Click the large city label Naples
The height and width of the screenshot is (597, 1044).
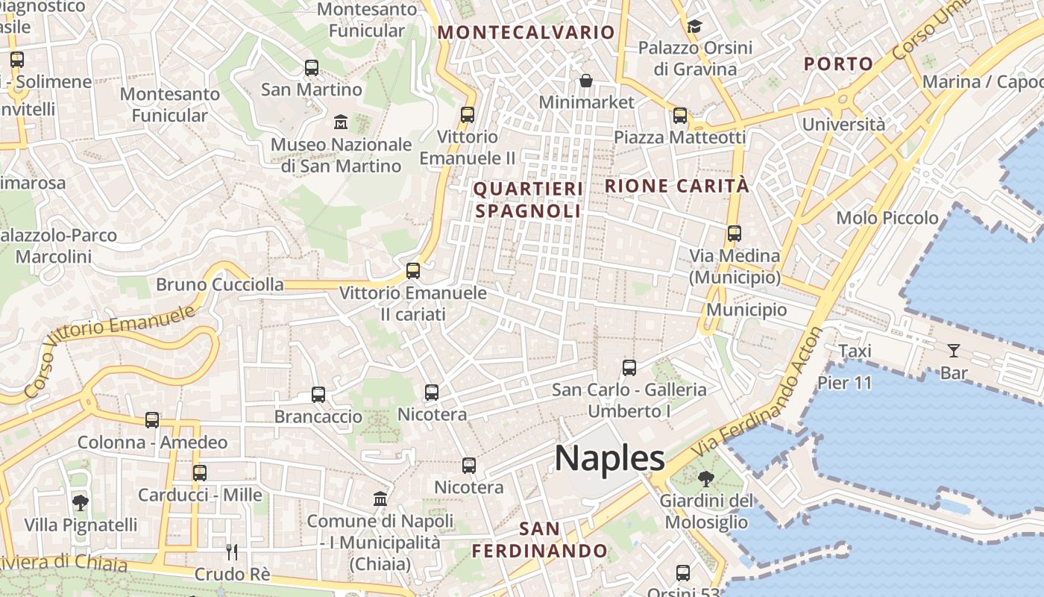(x=609, y=457)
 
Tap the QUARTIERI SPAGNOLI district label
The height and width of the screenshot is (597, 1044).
(x=528, y=200)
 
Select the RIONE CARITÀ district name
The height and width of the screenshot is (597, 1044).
(x=676, y=186)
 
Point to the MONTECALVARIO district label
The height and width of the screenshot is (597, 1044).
(x=526, y=32)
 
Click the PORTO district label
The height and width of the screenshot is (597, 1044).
(x=838, y=64)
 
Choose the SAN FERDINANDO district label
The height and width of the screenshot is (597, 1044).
(x=540, y=540)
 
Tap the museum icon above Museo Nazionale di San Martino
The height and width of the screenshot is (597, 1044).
(x=341, y=121)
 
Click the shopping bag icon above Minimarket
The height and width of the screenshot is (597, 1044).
(x=586, y=80)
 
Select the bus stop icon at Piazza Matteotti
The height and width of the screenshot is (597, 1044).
(x=679, y=116)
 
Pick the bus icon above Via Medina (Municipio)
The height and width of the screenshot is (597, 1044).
(x=735, y=234)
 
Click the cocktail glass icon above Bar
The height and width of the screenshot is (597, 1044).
(x=953, y=351)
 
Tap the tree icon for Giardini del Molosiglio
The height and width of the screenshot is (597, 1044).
(x=705, y=478)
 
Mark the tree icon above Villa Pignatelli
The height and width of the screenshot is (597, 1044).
(x=81, y=503)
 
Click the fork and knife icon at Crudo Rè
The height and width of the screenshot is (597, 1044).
(x=232, y=552)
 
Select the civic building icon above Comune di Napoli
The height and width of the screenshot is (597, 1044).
(x=380, y=498)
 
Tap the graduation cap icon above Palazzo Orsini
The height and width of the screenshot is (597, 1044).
(x=694, y=26)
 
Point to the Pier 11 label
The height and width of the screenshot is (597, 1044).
(x=844, y=383)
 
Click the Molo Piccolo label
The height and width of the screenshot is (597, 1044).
(x=887, y=218)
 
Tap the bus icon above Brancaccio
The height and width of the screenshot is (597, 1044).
(x=318, y=394)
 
